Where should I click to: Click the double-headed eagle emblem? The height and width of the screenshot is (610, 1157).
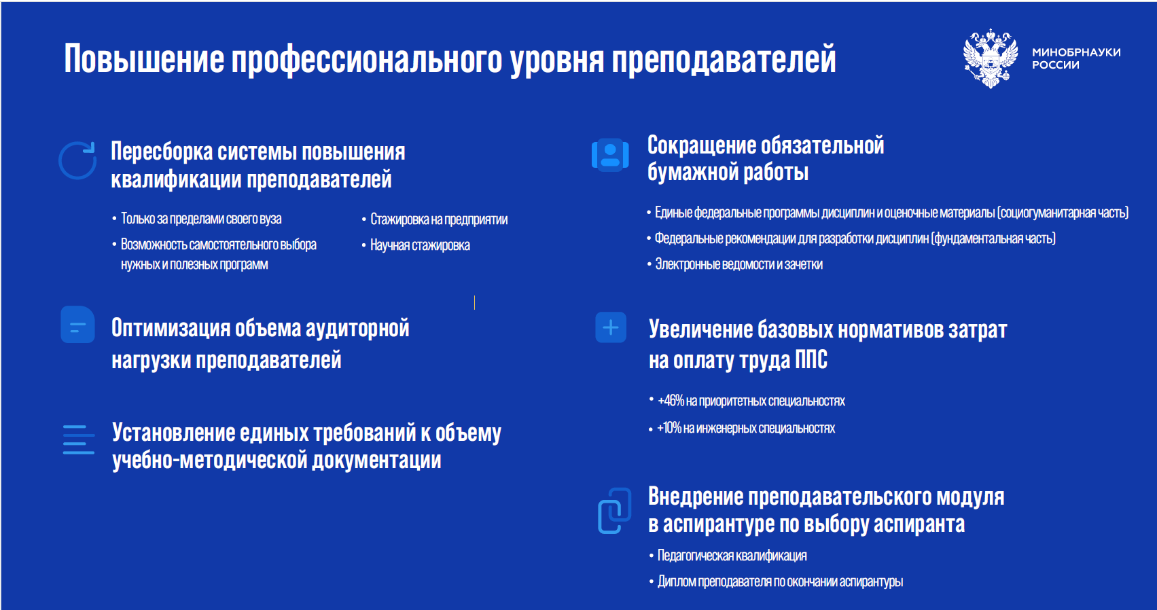990,58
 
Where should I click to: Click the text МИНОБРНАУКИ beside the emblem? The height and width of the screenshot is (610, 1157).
1076,52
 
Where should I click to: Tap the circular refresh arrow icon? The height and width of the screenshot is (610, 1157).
77,160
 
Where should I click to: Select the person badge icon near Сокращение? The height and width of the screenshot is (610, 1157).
610,155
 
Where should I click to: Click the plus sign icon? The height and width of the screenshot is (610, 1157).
611,327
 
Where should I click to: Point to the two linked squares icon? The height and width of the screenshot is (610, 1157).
615,510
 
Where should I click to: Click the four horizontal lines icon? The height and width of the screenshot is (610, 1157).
79,439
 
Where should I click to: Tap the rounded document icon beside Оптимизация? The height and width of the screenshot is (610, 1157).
77,325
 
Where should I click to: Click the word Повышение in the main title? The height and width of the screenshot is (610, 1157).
144,59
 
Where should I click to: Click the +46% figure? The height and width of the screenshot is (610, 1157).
671,401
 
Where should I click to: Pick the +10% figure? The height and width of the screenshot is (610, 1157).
669,428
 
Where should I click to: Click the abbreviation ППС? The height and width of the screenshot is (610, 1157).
811,359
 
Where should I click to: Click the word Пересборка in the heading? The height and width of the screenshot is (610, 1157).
162,151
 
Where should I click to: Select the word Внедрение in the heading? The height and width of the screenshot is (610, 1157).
695,497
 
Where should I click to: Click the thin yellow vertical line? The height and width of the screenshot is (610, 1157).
474,303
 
